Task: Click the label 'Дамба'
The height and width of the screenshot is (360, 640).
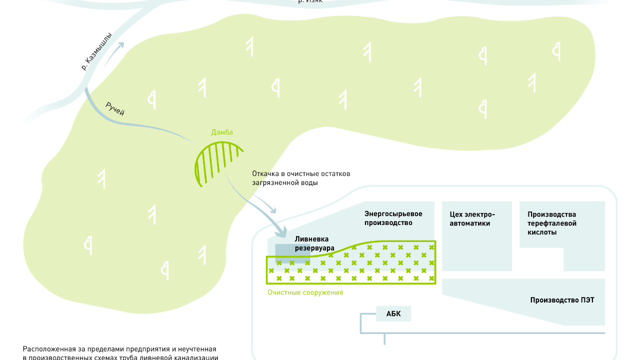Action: pyautogui.click(x=222, y=132)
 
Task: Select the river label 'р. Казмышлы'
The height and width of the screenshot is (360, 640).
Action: pyautogui.click(x=96, y=51)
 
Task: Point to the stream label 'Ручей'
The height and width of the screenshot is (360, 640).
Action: pyautogui.click(x=115, y=109)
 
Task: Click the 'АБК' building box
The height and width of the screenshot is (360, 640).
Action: pyautogui.click(x=393, y=314)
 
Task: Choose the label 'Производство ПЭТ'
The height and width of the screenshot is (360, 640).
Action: pyautogui.click(x=562, y=300)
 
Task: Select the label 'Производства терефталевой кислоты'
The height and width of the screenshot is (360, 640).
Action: pyautogui.click(x=552, y=223)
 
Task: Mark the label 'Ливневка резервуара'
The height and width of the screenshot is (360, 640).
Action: pyautogui.click(x=314, y=243)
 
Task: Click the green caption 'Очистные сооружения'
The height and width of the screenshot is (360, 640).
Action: pyautogui.click(x=305, y=292)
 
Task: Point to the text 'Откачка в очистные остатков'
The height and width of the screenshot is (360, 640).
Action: pyautogui.click(x=301, y=174)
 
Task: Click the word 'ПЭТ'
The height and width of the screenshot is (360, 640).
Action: pyautogui.click(x=587, y=300)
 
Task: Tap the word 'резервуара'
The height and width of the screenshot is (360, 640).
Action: pyautogui.click(x=314, y=247)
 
